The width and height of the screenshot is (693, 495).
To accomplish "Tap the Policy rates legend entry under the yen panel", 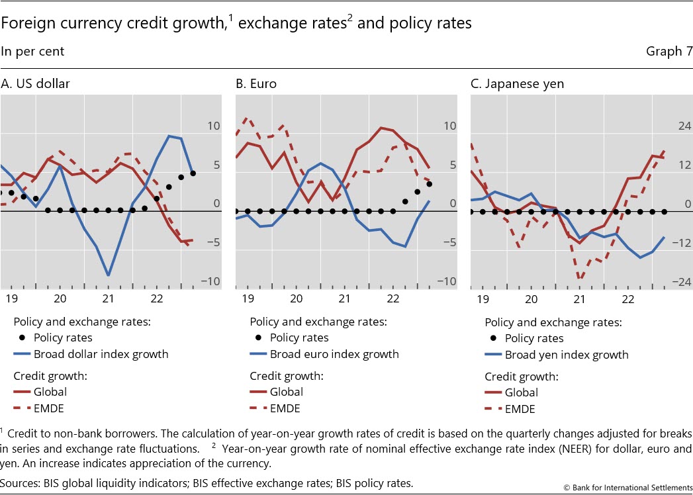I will [534, 338].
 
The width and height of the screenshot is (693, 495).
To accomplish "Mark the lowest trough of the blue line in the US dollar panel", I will [108, 275].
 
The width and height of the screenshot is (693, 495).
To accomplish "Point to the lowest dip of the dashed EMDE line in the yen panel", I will [580, 280].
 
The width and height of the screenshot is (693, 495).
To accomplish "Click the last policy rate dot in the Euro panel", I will [429, 184].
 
